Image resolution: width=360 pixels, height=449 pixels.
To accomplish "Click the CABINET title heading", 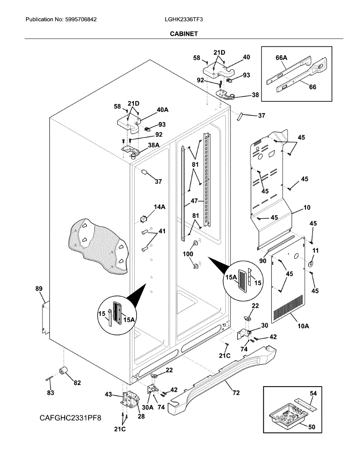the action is point(184,34).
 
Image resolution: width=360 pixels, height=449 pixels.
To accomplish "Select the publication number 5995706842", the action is point(81,19).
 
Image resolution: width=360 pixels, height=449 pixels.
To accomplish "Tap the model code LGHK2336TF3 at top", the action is point(184,19).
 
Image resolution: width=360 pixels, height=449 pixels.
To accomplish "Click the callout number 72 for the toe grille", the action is point(236,393).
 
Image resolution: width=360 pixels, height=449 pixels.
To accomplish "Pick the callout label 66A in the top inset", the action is point(281,58).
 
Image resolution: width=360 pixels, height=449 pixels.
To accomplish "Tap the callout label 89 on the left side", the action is point(39,289).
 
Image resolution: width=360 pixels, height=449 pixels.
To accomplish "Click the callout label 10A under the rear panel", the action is point(303,326).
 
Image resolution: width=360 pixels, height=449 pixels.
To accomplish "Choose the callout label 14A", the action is point(160,207).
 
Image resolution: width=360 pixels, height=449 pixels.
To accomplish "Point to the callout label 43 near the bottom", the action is point(108,394).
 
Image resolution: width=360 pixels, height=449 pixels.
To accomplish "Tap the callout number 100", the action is point(188,254).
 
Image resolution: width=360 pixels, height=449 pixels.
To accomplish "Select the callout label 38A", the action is point(153,145).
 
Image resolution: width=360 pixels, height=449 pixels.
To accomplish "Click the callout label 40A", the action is point(162,110).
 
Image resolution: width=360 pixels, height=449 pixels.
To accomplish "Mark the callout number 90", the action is point(263,261).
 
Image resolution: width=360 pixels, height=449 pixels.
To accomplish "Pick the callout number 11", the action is point(315,250).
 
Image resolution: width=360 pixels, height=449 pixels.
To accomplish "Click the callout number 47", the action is point(194,201).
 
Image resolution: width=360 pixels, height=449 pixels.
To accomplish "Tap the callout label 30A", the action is point(147,407).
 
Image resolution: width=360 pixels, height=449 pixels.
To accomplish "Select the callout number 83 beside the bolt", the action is point(51,393).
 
